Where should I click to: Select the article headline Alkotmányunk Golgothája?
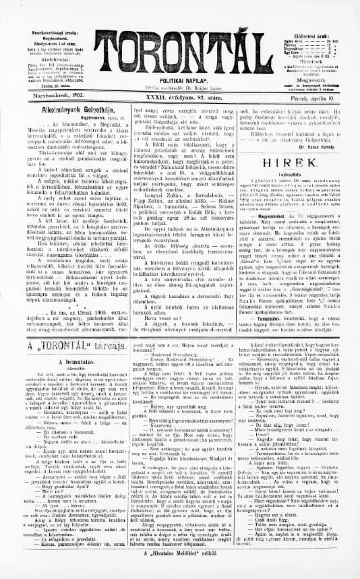pos(63,115)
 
